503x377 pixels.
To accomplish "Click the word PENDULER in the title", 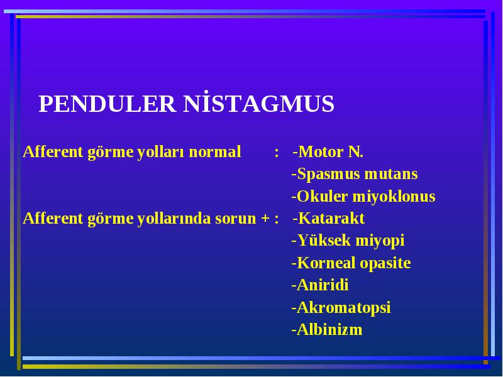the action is [x=107, y=104].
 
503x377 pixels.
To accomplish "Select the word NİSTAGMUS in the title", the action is [x=259, y=103].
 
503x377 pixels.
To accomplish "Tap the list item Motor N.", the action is [x=328, y=151].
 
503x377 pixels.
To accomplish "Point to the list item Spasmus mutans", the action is [x=355, y=174].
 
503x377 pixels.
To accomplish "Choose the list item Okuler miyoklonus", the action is [x=363, y=196].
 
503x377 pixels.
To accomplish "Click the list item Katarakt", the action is [x=328, y=218].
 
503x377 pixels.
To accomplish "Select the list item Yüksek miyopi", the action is [x=348, y=241].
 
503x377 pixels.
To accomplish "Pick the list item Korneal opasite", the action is [x=351, y=263].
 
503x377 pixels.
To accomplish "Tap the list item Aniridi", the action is [x=320, y=285].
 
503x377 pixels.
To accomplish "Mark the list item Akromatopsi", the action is [x=341, y=307].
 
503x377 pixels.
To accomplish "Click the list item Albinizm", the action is [x=326, y=329].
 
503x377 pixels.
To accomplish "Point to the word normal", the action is [x=214, y=152].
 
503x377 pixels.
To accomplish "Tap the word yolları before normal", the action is [x=161, y=151].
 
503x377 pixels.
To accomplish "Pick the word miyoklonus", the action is [x=394, y=196].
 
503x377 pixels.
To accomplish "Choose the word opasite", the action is [x=385, y=263].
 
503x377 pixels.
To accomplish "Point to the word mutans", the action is [x=391, y=175].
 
